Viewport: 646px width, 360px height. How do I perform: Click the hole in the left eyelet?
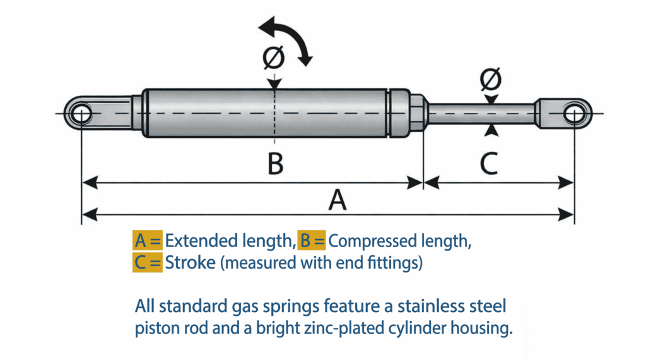pyautogui.click(x=81, y=115)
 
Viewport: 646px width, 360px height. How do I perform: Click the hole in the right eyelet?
pyautogui.click(x=573, y=114)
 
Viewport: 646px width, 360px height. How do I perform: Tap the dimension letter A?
pyautogui.click(x=338, y=200)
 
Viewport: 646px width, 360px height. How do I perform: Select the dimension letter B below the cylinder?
pyautogui.click(x=274, y=165)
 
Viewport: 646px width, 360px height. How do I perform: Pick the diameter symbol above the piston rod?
pyautogui.click(x=490, y=80)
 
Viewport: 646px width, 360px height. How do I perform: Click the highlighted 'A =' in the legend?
pyautogui.click(x=148, y=241)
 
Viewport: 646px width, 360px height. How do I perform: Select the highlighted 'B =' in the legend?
pyautogui.click(x=312, y=241)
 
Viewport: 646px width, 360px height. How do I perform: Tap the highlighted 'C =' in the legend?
pyautogui.click(x=148, y=262)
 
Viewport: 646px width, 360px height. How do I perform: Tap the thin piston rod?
pyautogui.click(x=479, y=114)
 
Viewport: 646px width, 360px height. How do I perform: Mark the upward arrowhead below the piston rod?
pyautogui.click(x=491, y=130)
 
